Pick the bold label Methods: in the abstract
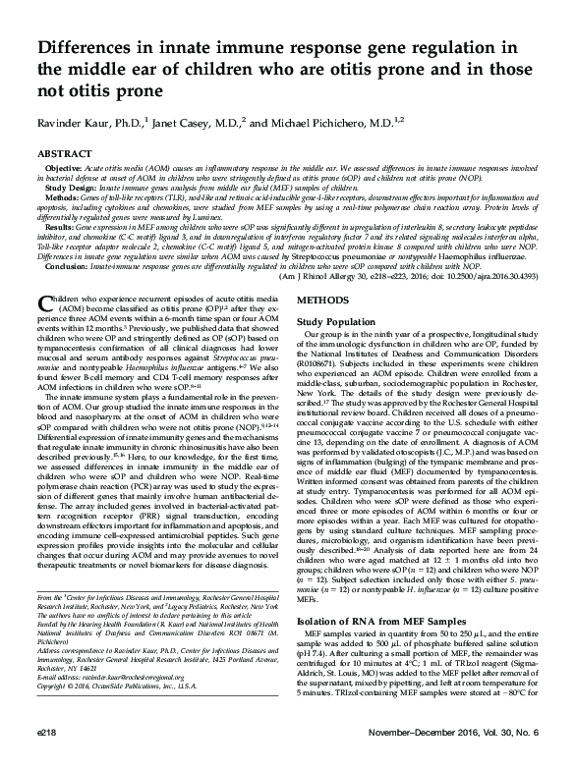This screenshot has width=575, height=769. [x=61, y=203]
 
